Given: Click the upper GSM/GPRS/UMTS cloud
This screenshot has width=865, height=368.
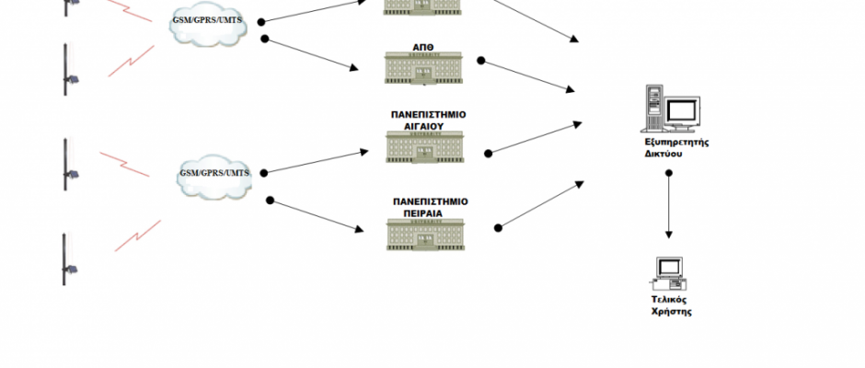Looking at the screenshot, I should (209, 25).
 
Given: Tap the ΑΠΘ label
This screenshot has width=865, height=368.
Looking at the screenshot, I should (424, 44).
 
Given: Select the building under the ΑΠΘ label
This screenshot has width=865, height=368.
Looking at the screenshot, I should (424, 68).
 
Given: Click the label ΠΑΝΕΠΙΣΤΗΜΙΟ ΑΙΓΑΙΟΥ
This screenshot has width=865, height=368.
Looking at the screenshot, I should (429, 121).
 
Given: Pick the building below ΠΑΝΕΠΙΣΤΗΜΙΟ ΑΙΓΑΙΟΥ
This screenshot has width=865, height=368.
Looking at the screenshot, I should (426, 147).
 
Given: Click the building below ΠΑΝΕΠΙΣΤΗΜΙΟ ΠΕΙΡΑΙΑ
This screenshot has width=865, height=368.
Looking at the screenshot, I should (426, 234).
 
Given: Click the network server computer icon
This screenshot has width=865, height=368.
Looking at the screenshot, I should (675, 109).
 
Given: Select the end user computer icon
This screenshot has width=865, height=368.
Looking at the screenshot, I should (669, 272).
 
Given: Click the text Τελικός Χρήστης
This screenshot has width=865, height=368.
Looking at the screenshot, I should (671, 305).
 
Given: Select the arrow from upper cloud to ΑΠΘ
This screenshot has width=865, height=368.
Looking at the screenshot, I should (312, 53).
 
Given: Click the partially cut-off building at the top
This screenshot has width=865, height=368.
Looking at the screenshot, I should (423, 6).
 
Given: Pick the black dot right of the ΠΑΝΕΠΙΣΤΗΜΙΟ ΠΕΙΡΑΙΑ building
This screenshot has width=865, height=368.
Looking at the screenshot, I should (498, 227).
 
